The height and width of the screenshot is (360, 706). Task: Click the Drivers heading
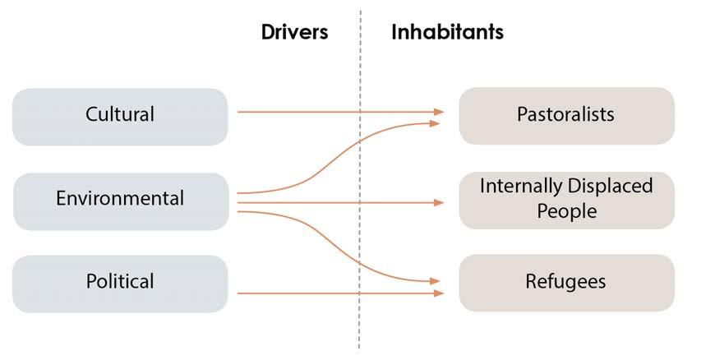(x=294, y=32)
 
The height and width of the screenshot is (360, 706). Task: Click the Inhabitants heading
(x=447, y=32)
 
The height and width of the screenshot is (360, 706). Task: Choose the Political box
(x=120, y=283)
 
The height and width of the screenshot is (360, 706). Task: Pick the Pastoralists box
(x=566, y=115)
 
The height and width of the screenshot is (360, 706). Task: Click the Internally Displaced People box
(x=566, y=199)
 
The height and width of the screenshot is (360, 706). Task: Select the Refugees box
(x=566, y=283)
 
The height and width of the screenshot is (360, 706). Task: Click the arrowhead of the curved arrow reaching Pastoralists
(x=436, y=123)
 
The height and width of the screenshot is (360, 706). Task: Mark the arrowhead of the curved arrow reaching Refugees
(x=436, y=281)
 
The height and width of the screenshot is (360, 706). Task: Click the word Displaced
(x=609, y=187)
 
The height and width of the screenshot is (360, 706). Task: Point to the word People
(x=566, y=211)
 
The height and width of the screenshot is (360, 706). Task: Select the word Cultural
(x=120, y=114)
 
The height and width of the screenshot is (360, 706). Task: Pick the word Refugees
(x=566, y=282)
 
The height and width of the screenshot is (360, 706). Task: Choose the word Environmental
(x=120, y=198)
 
